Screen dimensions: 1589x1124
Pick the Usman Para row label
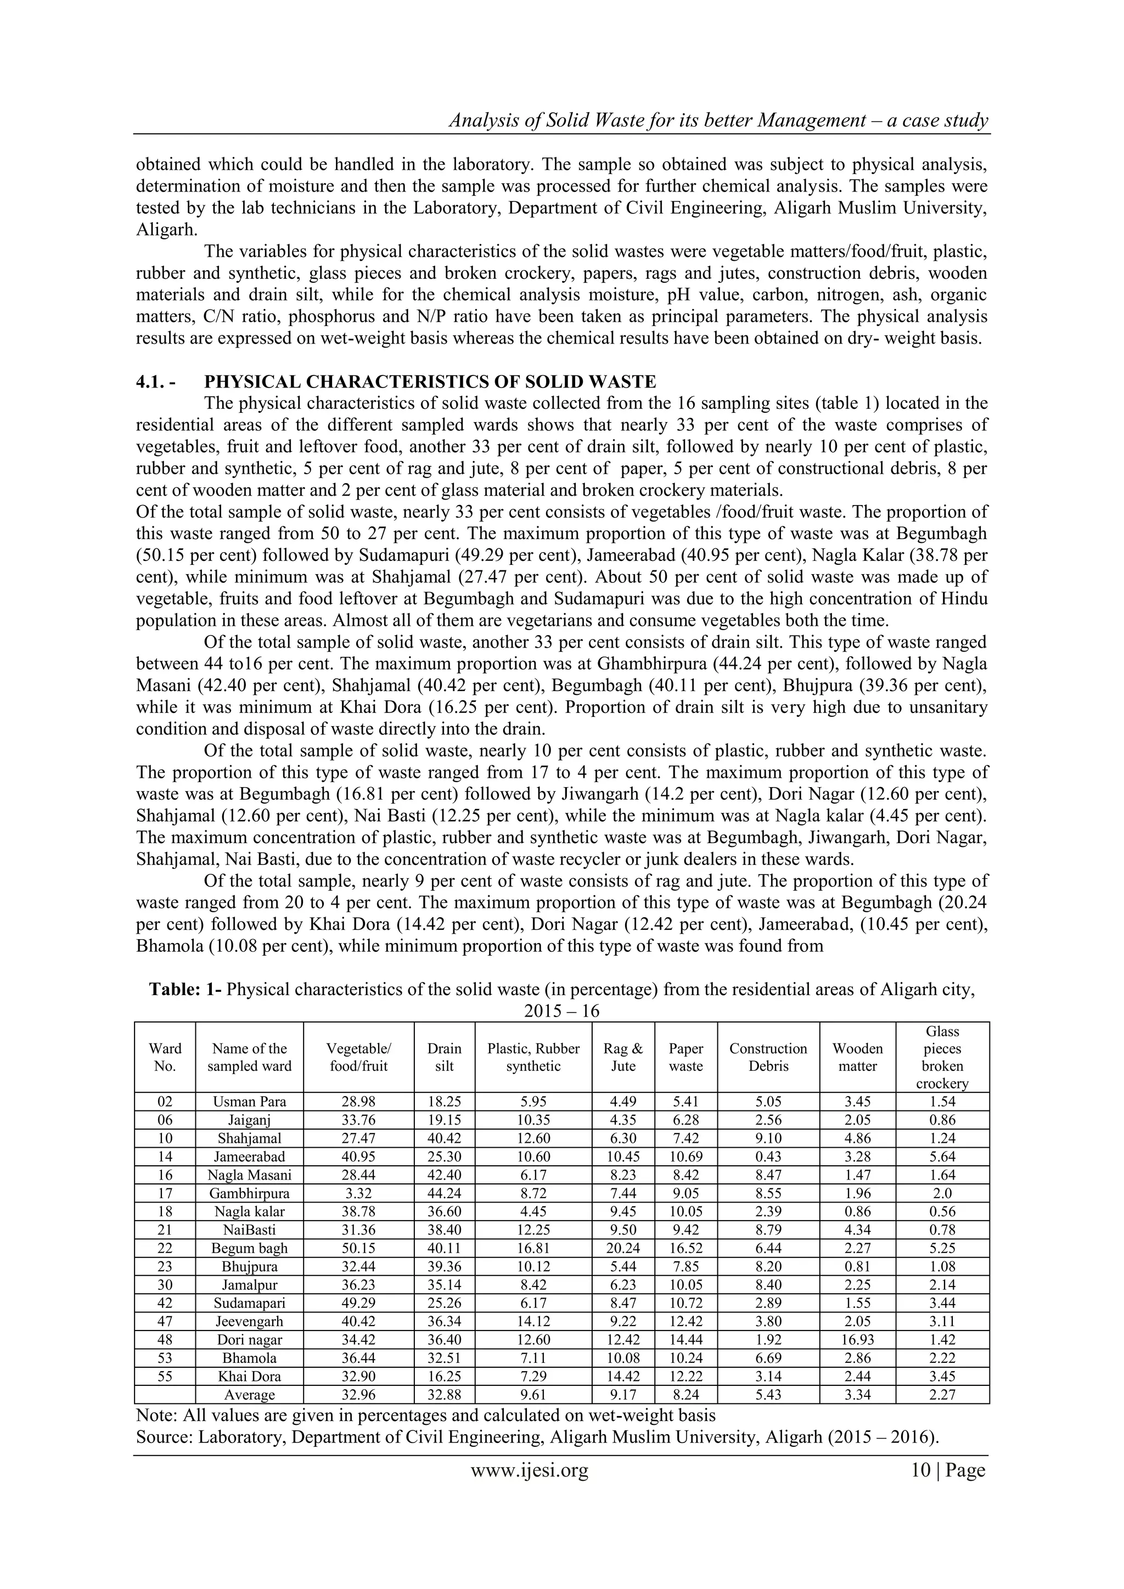[x=249, y=1102]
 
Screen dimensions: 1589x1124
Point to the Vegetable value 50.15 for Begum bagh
[x=358, y=1249]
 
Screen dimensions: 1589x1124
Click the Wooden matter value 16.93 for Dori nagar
[x=857, y=1340]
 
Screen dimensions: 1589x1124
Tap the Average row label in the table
[x=249, y=1395]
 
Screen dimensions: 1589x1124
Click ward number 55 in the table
[x=165, y=1377]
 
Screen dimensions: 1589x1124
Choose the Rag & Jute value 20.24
[x=623, y=1249]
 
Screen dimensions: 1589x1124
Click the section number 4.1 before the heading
[x=150, y=382]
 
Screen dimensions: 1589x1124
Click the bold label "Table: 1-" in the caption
[x=186, y=990]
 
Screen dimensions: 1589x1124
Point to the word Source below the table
[x=164, y=1438]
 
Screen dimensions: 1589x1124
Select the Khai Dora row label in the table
[x=249, y=1377]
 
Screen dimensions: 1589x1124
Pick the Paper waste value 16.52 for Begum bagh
[x=686, y=1249]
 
